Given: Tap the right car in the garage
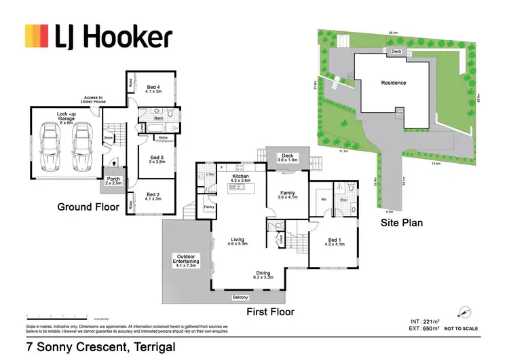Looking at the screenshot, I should [83, 146].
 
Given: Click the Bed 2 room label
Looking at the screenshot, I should [153, 196].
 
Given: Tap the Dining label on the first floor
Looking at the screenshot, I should [263, 275].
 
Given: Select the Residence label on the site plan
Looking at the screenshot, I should [394, 83].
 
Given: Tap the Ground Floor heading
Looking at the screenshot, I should [88, 207].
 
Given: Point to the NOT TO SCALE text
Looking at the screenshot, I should [461, 329].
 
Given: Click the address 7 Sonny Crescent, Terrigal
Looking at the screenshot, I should [100, 347].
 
